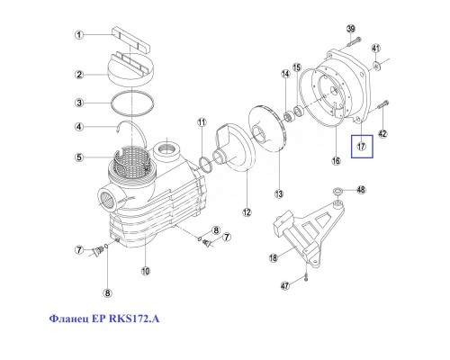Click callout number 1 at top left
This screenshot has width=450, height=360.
point(78,35)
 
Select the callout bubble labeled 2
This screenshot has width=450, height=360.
point(78,75)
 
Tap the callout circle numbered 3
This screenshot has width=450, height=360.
point(78,103)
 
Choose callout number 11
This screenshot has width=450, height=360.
point(202,121)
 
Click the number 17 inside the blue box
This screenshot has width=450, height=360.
point(362,146)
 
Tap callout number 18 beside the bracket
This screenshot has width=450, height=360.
point(274,258)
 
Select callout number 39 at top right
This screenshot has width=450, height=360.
point(352,30)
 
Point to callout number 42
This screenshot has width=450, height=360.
point(383,134)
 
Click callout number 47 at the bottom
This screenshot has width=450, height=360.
point(286,286)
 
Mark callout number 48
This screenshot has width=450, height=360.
point(362,190)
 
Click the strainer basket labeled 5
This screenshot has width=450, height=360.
point(132,162)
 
